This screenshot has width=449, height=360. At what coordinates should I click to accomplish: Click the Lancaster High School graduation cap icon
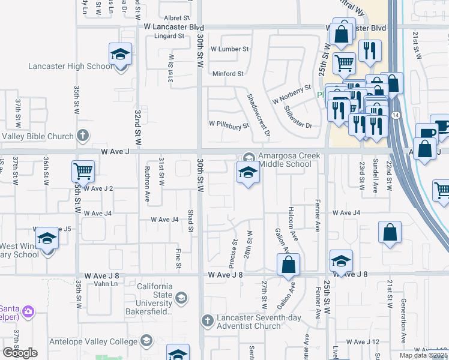click(x=120, y=55)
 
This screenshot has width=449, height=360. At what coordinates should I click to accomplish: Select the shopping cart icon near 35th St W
click(x=83, y=171)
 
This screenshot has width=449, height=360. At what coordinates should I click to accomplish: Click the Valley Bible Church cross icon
click(x=83, y=136)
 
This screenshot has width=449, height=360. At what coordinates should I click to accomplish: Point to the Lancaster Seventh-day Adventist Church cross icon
click(x=208, y=320)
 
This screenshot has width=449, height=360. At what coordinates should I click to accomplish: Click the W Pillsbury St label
click(x=229, y=126)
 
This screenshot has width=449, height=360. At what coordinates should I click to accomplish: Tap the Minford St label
click(x=228, y=74)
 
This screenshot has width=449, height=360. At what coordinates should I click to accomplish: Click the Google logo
click(x=20, y=353)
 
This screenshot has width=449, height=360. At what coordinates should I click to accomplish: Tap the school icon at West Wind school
click(x=47, y=239)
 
